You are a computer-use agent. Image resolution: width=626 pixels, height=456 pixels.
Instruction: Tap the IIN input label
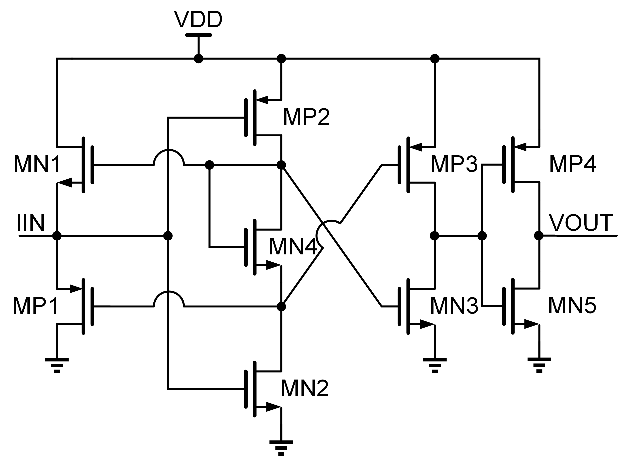click(x=31, y=223)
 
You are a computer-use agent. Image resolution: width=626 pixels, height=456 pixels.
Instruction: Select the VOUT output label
click(x=581, y=223)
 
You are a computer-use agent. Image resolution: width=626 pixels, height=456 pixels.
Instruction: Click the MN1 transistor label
click(x=37, y=165)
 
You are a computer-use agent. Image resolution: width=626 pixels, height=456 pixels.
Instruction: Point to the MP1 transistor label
click(x=36, y=306)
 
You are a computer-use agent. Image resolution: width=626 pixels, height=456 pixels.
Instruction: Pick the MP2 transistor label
click(x=306, y=117)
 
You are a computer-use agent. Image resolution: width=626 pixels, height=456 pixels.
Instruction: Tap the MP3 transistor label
click(x=454, y=165)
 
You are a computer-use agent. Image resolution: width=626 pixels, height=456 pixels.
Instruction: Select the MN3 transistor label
click(x=454, y=306)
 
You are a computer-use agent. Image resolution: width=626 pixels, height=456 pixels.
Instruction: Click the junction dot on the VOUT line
click(x=539, y=236)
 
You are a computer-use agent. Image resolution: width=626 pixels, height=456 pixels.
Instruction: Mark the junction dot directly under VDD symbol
click(x=198, y=58)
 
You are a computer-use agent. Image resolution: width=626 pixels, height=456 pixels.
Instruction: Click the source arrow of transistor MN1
click(x=65, y=182)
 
